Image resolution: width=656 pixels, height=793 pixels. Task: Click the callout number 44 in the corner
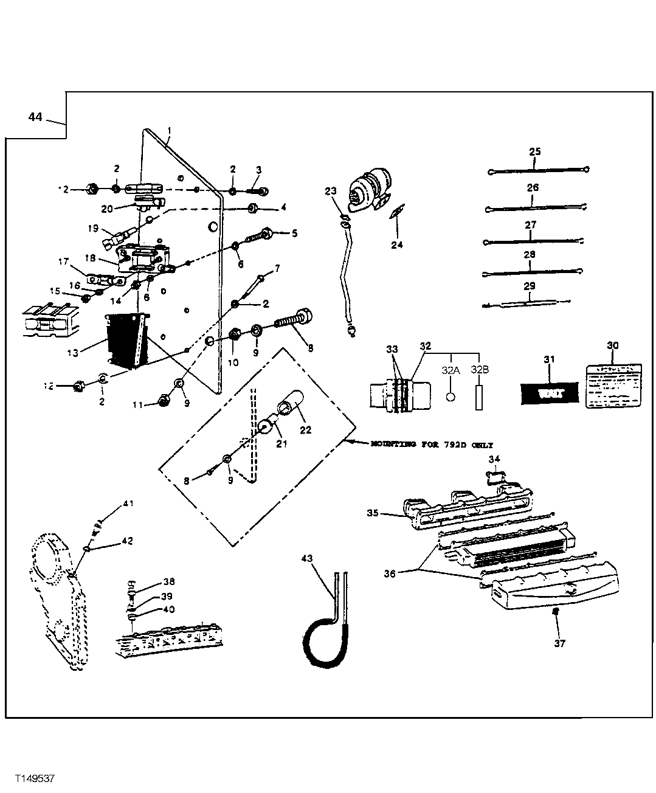coord(35,117)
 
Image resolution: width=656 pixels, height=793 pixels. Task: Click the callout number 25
coord(534,151)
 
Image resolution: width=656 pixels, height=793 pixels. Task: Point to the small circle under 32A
coord(450,396)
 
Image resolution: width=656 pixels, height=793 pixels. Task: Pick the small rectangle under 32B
coord(479,397)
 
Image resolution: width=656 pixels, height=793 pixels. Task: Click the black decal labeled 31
coord(550,393)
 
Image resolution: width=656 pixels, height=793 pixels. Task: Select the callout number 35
coord(373,513)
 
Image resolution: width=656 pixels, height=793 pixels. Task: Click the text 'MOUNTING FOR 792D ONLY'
coord(431,445)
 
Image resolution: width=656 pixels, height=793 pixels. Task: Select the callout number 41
coord(128,503)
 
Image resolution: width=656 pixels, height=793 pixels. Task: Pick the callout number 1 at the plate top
coord(169,131)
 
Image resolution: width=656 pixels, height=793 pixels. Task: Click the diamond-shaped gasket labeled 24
coord(396,213)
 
